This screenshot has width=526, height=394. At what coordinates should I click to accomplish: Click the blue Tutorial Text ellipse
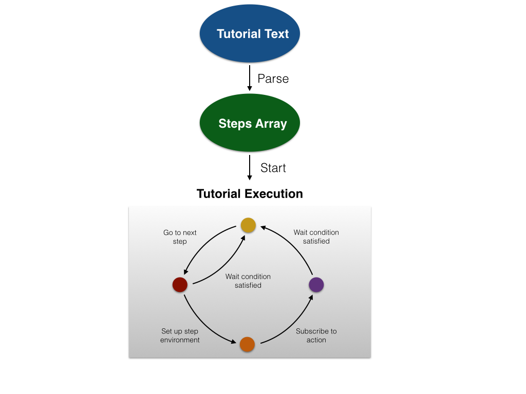tap(250, 34)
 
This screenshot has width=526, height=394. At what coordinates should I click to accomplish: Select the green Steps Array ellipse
tap(250, 124)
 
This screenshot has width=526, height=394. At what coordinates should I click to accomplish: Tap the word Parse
tap(273, 78)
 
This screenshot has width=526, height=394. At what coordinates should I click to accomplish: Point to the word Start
tap(273, 168)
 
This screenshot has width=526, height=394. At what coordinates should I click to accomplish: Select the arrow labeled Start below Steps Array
tap(250, 167)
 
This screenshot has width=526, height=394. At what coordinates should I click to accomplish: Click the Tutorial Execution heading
tap(250, 194)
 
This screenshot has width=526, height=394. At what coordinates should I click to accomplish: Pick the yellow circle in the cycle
tap(248, 225)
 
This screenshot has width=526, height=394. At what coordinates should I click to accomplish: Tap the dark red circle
tap(180, 285)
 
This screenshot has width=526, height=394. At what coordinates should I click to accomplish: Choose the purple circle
tap(316, 285)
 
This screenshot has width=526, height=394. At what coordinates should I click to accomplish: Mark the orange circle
tap(247, 344)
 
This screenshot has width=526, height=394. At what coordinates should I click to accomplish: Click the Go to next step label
tap(180, 237)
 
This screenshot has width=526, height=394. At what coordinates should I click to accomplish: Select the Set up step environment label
tap(180, 336)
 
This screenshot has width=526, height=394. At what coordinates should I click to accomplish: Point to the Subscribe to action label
tap(316, 336)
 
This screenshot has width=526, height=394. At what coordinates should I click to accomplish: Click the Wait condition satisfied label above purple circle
tap(316, 237)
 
